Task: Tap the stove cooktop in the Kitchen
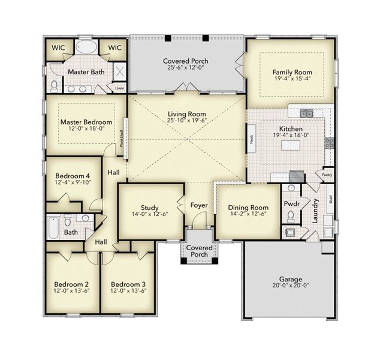[329, 143]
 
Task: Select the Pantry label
[327, 175]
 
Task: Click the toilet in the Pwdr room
[292, 215]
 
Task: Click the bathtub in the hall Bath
[53, 227]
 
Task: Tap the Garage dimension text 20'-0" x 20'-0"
[290, 287]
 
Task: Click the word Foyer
[199, 206]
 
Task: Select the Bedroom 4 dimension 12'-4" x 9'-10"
[72, 182]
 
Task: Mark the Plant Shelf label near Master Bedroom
[122, 139]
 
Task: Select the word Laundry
[315, 211]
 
